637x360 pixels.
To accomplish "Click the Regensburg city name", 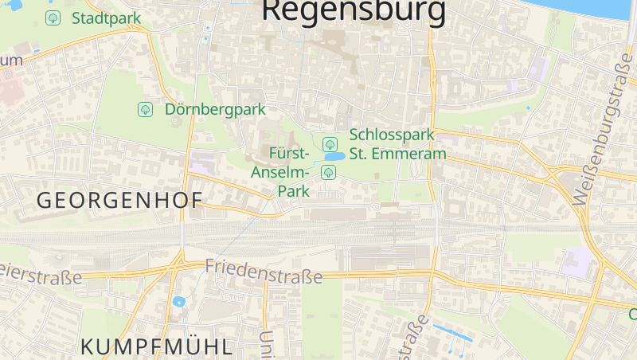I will pos(354,10).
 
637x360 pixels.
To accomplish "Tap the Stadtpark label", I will pos(106,18).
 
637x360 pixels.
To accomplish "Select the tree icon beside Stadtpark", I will pos(53,18).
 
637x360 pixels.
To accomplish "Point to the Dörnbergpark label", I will pos(215,109).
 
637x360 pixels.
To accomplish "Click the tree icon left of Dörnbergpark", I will pos(145,109).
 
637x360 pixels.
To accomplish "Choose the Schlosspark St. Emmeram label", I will pos(397,144).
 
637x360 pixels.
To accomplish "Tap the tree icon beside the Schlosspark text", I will pos(330,143).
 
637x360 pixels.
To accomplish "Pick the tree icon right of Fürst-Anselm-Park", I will pos(327,172).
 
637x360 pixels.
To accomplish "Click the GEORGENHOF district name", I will pos(119,201).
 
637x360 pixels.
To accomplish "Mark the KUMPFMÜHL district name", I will pos(156,346).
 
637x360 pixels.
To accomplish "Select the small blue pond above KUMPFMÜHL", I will pos(178,302).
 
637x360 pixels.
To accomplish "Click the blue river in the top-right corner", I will pos(589,8).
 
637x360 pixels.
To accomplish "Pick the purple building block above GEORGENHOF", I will pos(201,164).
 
